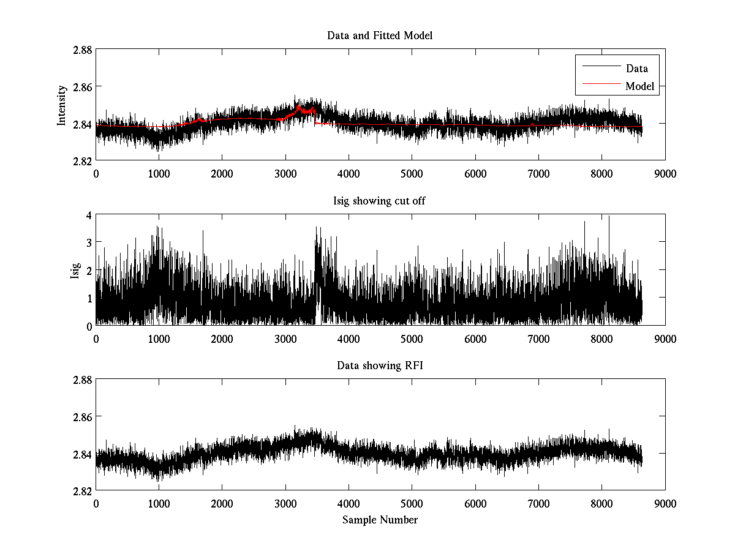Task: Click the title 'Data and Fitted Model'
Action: (380, 36)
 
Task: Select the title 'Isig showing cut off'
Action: (380, 201)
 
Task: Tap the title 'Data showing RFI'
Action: (380, 366)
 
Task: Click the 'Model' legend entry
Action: (639, 86)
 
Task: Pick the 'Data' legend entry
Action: (636, 69)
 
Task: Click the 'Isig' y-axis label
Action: (75, 270)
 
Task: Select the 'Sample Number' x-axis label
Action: (380, 520)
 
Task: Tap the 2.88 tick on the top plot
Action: (82, 50)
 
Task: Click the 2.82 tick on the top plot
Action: (82, 161)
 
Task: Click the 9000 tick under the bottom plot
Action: (665, 503)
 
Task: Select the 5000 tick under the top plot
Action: (412, 174)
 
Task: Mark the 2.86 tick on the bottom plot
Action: (82, 417)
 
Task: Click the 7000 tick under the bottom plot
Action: (538, 503)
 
